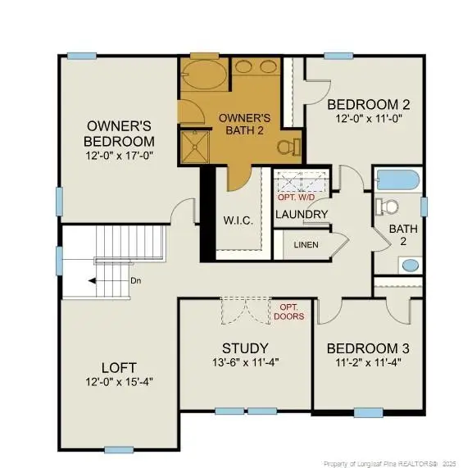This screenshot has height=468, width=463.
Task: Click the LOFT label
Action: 118,367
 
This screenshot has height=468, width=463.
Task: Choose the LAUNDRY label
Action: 302,215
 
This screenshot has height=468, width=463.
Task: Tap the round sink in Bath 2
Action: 408,265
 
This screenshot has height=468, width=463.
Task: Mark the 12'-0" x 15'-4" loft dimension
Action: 118,382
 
